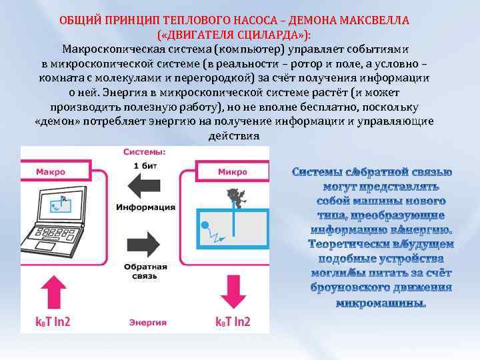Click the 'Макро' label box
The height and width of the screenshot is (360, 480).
pos(51,171)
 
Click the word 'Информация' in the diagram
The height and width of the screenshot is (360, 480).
pos(145,207)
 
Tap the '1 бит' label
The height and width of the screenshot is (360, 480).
pos(145,165)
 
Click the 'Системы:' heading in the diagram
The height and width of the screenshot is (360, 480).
pos(145,151)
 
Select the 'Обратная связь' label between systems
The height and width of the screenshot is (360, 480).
pos(145,269)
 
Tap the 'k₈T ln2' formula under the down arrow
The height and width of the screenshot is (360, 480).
pos(233,321)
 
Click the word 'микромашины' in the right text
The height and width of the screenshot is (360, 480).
pos(381,303)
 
